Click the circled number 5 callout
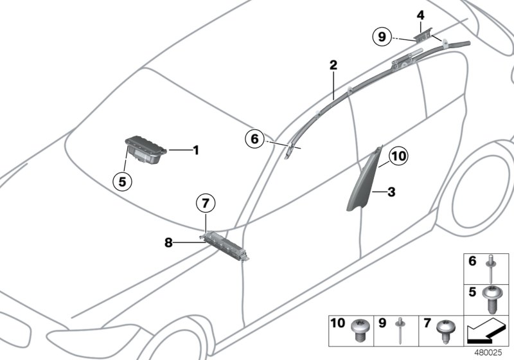tap(122, 181)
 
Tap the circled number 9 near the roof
tap(382, 37)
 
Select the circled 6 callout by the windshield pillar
tap(254, 139)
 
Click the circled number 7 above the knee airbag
tap(206, 203)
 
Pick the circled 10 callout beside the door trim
tap(398, 156)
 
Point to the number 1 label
tap(196, 150)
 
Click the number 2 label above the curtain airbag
tap(333, 65)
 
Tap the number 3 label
tap(391, 192)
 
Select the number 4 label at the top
tap(421, 15)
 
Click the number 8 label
tap(168, 242)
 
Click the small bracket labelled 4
tap(423, 35)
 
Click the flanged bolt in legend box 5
tap(491, 300)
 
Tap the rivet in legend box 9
tap(400, 330)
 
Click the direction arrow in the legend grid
tap(486, 332)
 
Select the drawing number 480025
tap(488, 353)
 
